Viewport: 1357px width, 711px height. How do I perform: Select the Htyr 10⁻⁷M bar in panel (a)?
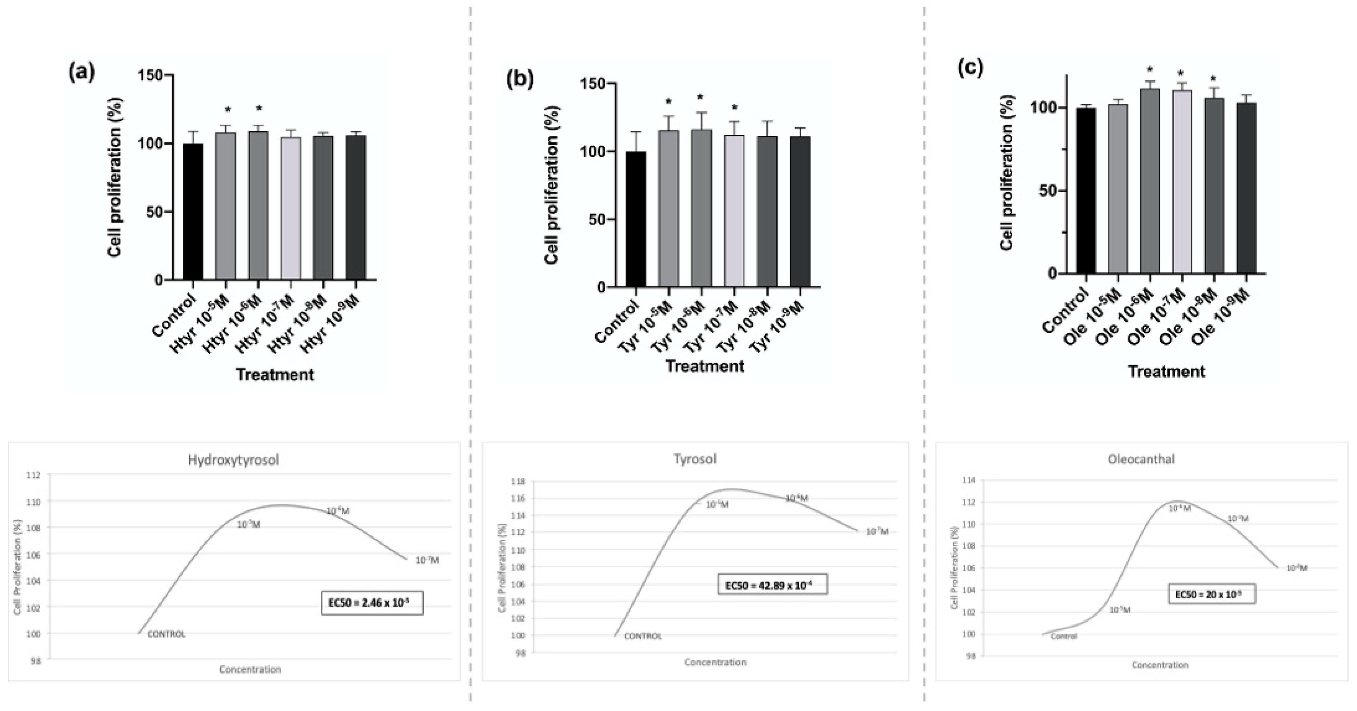pyautogui.click(x=291, y=208)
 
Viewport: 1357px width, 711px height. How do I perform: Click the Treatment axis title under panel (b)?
pyautogui.click(x=705, y=366)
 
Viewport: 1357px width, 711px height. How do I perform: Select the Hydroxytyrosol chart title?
pyautogui.click(x=233, y=460)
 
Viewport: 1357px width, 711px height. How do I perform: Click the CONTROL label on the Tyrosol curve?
pyautogui.click(x=643, y=636)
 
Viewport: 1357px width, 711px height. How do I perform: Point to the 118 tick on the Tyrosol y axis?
pyautogui.click(x=518, y=481)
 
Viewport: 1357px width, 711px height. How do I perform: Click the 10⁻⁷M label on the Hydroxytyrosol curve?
pyautogui.click(x=427, y=561)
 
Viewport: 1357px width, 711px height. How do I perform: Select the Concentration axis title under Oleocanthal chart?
pyautogui.click(x=1160, y=665)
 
